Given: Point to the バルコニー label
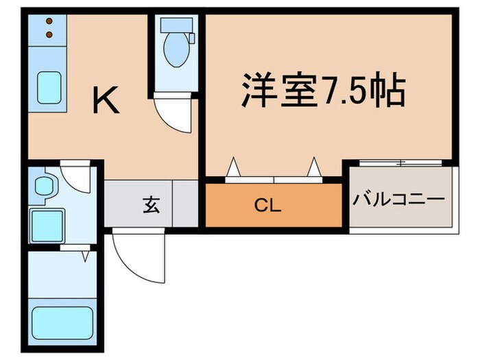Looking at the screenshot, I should tap(399, 201).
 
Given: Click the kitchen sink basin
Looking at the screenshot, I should tap(49, 85).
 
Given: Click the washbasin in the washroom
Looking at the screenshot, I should tap(46, 184).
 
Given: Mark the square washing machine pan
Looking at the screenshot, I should tap(47, 226).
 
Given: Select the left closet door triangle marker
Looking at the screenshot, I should tap(232, 167).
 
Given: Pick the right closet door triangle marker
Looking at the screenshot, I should tap(315, 167).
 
